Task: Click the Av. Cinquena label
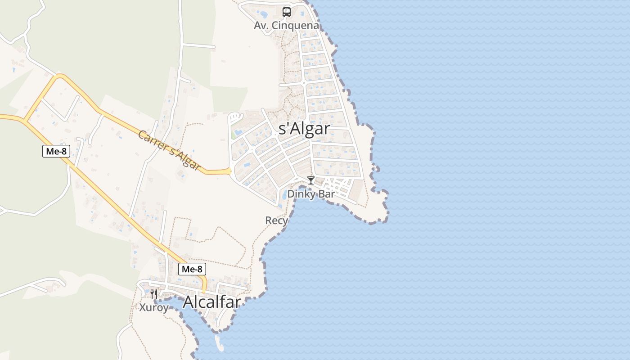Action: (286, 25)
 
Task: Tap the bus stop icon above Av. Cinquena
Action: (287, 12)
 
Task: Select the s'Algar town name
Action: (304, 129)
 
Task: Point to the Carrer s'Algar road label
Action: (169, 150)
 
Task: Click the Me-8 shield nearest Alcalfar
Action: (192, 269)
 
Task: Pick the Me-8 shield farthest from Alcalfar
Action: (56, 151)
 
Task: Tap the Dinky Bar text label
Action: (311, 194)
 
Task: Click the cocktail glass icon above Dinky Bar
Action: (310, 180)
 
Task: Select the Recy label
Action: (276, 220)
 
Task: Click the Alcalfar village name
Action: (211, 302)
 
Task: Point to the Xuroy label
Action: (154, 308)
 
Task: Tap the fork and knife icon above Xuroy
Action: (154, 294)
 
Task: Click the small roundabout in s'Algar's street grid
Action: (304, 83)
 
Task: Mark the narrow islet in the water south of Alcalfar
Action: (219, 343)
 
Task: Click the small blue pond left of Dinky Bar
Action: (285, 195)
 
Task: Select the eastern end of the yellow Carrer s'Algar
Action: (229, 171)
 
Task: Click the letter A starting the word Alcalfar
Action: (189, 302)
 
